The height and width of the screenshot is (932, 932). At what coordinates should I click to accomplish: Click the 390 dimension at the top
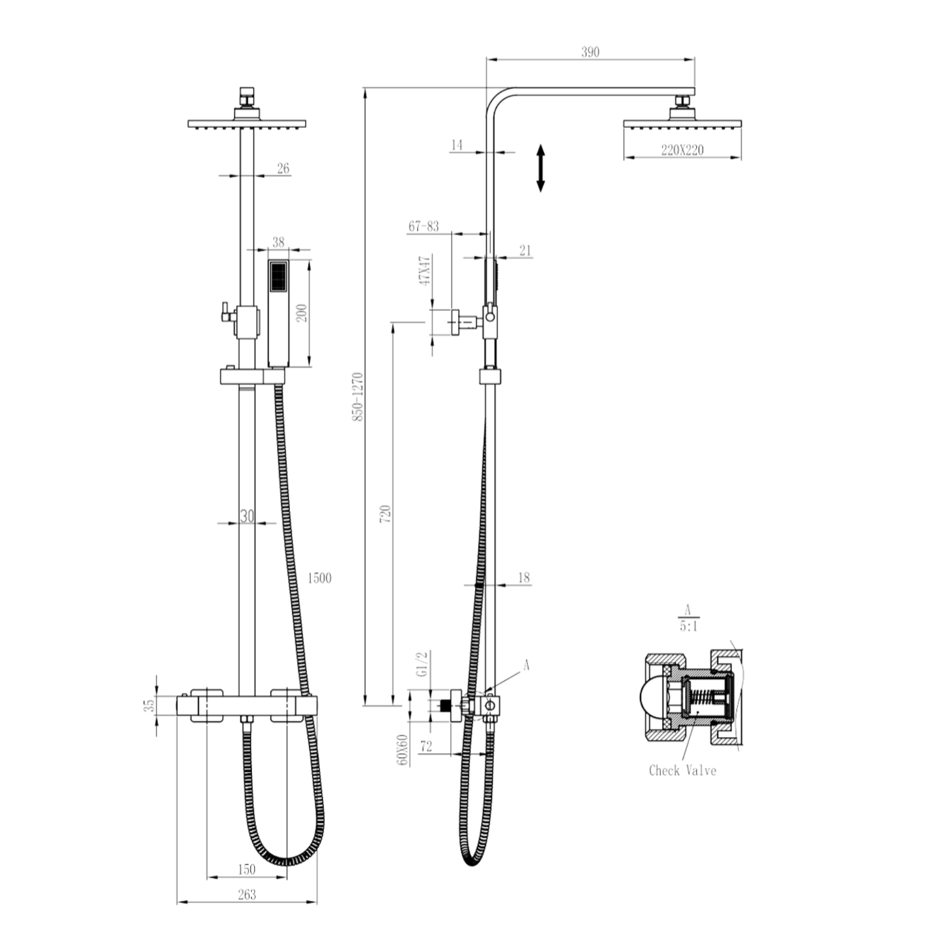[590, 52]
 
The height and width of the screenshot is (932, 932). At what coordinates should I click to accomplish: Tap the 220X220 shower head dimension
[682, 150]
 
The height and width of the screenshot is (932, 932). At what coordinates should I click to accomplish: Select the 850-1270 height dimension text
[357, 397]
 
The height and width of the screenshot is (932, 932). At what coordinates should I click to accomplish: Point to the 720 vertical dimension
[386, 513]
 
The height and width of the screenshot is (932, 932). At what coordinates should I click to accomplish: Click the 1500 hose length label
[319, 579]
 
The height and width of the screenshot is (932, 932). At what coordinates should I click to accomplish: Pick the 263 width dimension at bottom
[247, 894]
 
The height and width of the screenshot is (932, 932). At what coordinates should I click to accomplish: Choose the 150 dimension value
[246, 869]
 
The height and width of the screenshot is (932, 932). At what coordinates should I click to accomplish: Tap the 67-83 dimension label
[424, 226]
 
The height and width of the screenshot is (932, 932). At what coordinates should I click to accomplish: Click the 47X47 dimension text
[424, 270]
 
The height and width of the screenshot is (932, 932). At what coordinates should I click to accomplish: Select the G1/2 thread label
[421, 664]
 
